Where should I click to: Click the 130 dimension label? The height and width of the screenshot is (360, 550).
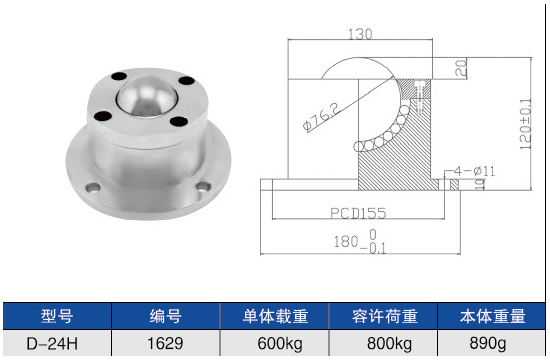click(x=360, y=34)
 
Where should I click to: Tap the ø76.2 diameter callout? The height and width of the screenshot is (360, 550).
click(x=322, y=117)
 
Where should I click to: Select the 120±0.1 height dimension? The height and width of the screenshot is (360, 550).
click(x=525, y=124)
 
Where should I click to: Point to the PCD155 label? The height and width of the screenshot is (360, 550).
click(x=358, y=213)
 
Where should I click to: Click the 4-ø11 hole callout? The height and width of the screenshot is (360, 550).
click(x=474, y=171)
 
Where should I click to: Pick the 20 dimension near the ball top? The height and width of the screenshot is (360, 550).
click(x=461, y=68)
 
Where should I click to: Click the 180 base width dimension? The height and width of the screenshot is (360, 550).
click(x=360, y=242)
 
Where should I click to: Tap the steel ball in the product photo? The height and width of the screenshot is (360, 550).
click(x=147, y=96)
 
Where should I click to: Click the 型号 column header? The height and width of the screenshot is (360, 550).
click(x=57, y=316)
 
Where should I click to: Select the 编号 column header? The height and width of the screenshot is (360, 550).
click(x=166, y=316)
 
